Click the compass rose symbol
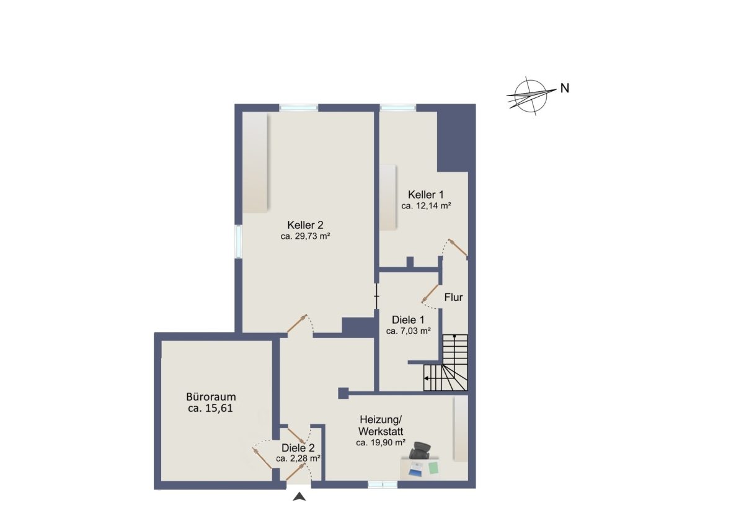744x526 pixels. [531, 96]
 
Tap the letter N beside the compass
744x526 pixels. [565, 88]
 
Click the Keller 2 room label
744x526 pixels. [305, 225]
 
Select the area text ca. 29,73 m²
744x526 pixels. [305, 236]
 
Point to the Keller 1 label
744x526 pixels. [426, 194]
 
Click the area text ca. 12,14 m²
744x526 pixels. [426, 206]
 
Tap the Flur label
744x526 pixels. [453, 297]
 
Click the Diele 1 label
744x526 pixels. [408, 320]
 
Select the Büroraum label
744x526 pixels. [211, 397]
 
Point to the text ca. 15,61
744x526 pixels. [211, 408]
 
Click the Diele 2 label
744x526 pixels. [298, 448]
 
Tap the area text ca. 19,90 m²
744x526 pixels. [381, 443]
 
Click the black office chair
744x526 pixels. [420, 450]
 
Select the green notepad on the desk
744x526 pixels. [433, 468]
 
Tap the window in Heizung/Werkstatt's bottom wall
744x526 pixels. [383, 485]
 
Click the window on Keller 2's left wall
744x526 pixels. [239, 241]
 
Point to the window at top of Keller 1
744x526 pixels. [398, 107]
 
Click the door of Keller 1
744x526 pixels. [458, 247]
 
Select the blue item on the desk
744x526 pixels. [415, 470]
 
